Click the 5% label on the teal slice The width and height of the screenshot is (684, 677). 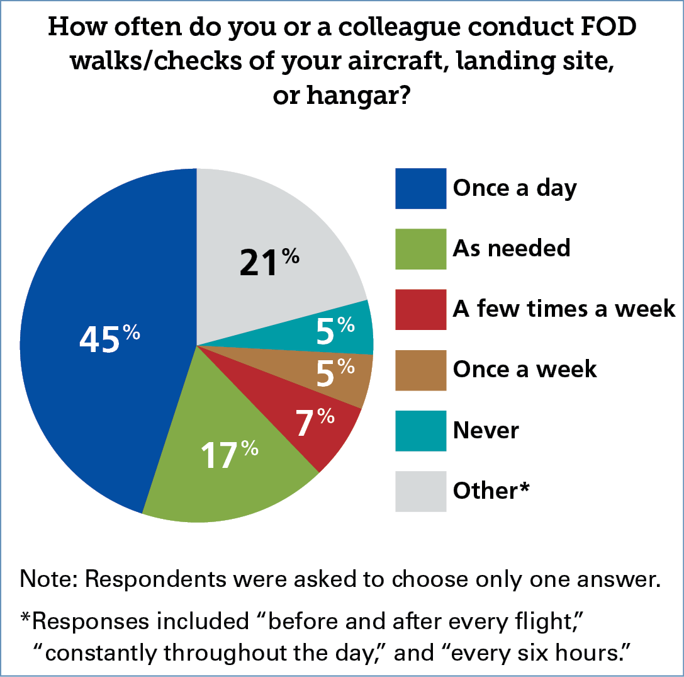[x=335, y=331]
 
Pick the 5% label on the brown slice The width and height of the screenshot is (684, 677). [x=335, y=373]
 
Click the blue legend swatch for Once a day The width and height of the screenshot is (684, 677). [x=420, y=188]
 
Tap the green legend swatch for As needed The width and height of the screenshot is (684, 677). [x=420, y=249]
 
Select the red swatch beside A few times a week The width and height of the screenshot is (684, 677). [x=420, y=309]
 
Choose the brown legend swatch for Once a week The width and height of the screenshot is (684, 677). [x=420, y=370]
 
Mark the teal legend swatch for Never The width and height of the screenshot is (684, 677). [x=420, y=430]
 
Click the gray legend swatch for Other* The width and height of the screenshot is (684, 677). [x=420, y=491]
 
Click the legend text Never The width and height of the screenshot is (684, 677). [x=486, y=431]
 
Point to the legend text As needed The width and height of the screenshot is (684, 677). [x=512, y=249]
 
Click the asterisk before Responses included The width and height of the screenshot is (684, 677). [x=26, y=620]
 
